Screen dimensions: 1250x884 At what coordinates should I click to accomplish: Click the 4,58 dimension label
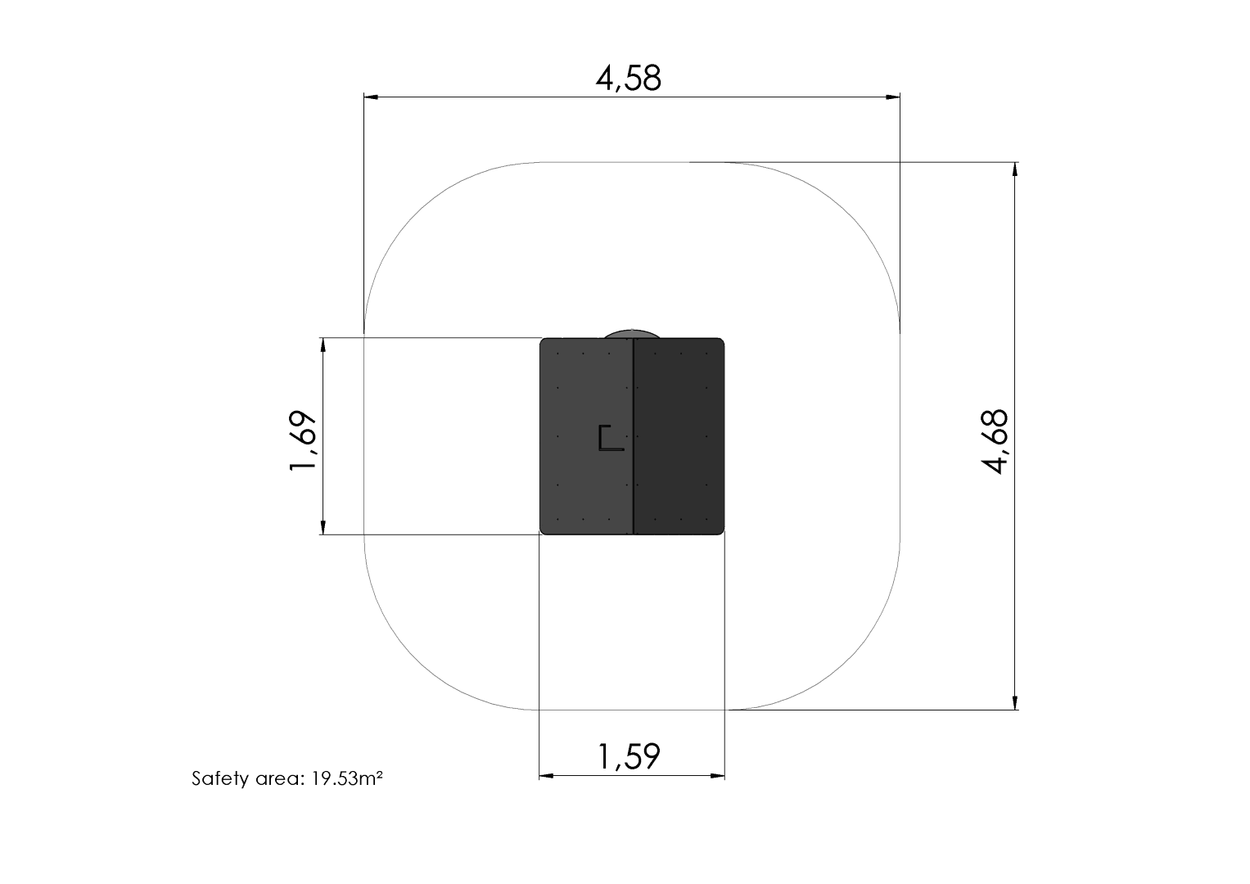[629, 79]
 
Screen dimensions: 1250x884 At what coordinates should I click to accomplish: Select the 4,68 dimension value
[995, 441]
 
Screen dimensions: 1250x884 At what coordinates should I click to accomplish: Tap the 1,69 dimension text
[303, 441]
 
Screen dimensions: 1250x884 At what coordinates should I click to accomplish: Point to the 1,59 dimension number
[629, 757]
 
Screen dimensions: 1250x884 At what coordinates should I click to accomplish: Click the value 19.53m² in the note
[347, 778]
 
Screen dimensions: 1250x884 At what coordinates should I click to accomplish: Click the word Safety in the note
[220, 778]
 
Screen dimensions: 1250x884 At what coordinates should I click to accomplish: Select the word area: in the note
[280, 779]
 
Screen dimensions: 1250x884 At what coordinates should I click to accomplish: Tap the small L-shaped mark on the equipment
[611, 438]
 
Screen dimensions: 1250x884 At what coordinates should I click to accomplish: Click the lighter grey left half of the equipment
[586, 436]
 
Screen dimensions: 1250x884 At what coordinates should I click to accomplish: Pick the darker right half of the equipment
[679, 436]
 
